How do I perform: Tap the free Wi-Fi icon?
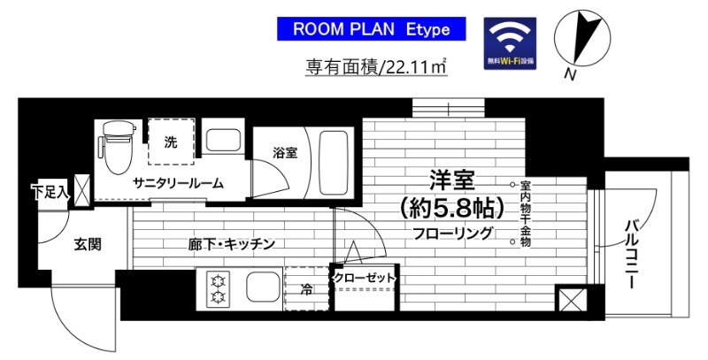click(x=509, y=43)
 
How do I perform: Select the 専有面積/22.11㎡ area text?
click(x=375, y=66)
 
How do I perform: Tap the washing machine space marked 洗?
click(x=170, y=142)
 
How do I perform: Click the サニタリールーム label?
click(x=178, y=183)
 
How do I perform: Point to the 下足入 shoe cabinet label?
click(x=50, y=190)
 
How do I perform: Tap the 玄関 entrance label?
click(x=88, y=244)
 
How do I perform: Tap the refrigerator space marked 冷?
click(x=306, y=288)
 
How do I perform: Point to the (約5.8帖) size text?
click(x=452, y=208)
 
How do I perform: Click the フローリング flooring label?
click(x=452, y=234)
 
